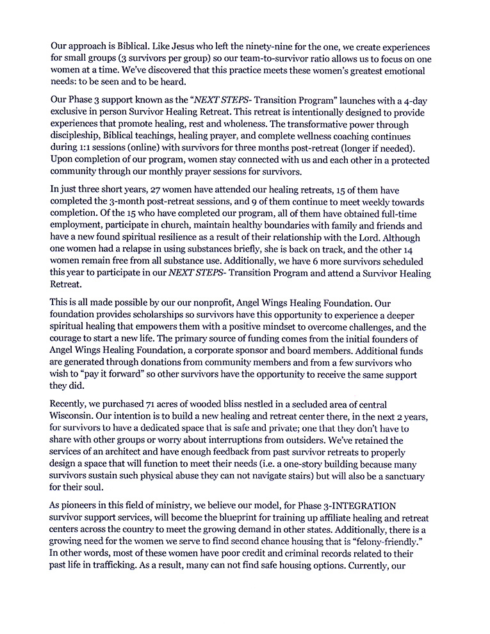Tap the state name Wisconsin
(74, 417)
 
